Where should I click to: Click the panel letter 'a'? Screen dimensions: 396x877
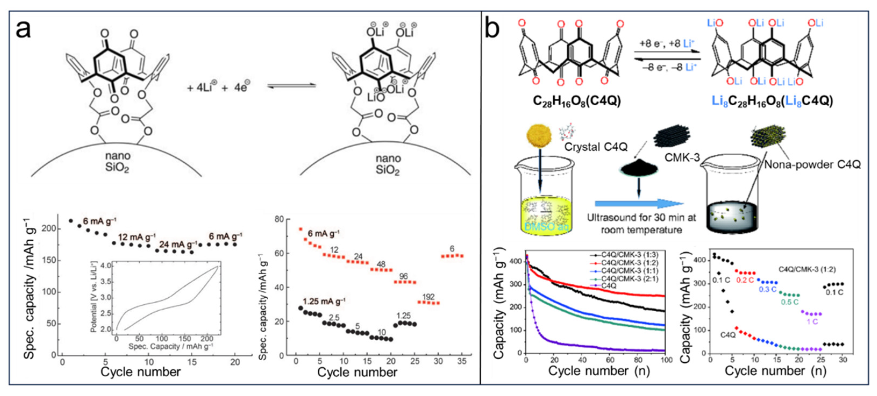tap(23, 29)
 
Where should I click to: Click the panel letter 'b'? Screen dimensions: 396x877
tap(492, 29)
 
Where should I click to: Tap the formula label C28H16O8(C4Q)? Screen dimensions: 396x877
tap(577, 101)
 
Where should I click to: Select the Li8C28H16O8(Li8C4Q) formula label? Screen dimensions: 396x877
tap(772, 101)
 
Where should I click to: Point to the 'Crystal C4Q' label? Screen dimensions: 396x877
tap(596, 147)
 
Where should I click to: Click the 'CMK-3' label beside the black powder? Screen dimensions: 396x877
tap(682, 157)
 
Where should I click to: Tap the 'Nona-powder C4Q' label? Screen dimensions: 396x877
tap(812, 165)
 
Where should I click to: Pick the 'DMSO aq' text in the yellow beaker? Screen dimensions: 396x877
tap(546, 226)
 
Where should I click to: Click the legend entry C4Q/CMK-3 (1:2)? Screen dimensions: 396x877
tap(629, 263)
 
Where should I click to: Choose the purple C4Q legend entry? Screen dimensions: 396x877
tap(608, 286)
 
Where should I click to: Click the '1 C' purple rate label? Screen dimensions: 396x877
tap(812, 322)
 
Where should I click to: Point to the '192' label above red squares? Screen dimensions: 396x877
tap(428, 297)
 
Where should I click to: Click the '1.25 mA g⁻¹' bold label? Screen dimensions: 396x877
tap(324, 301)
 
